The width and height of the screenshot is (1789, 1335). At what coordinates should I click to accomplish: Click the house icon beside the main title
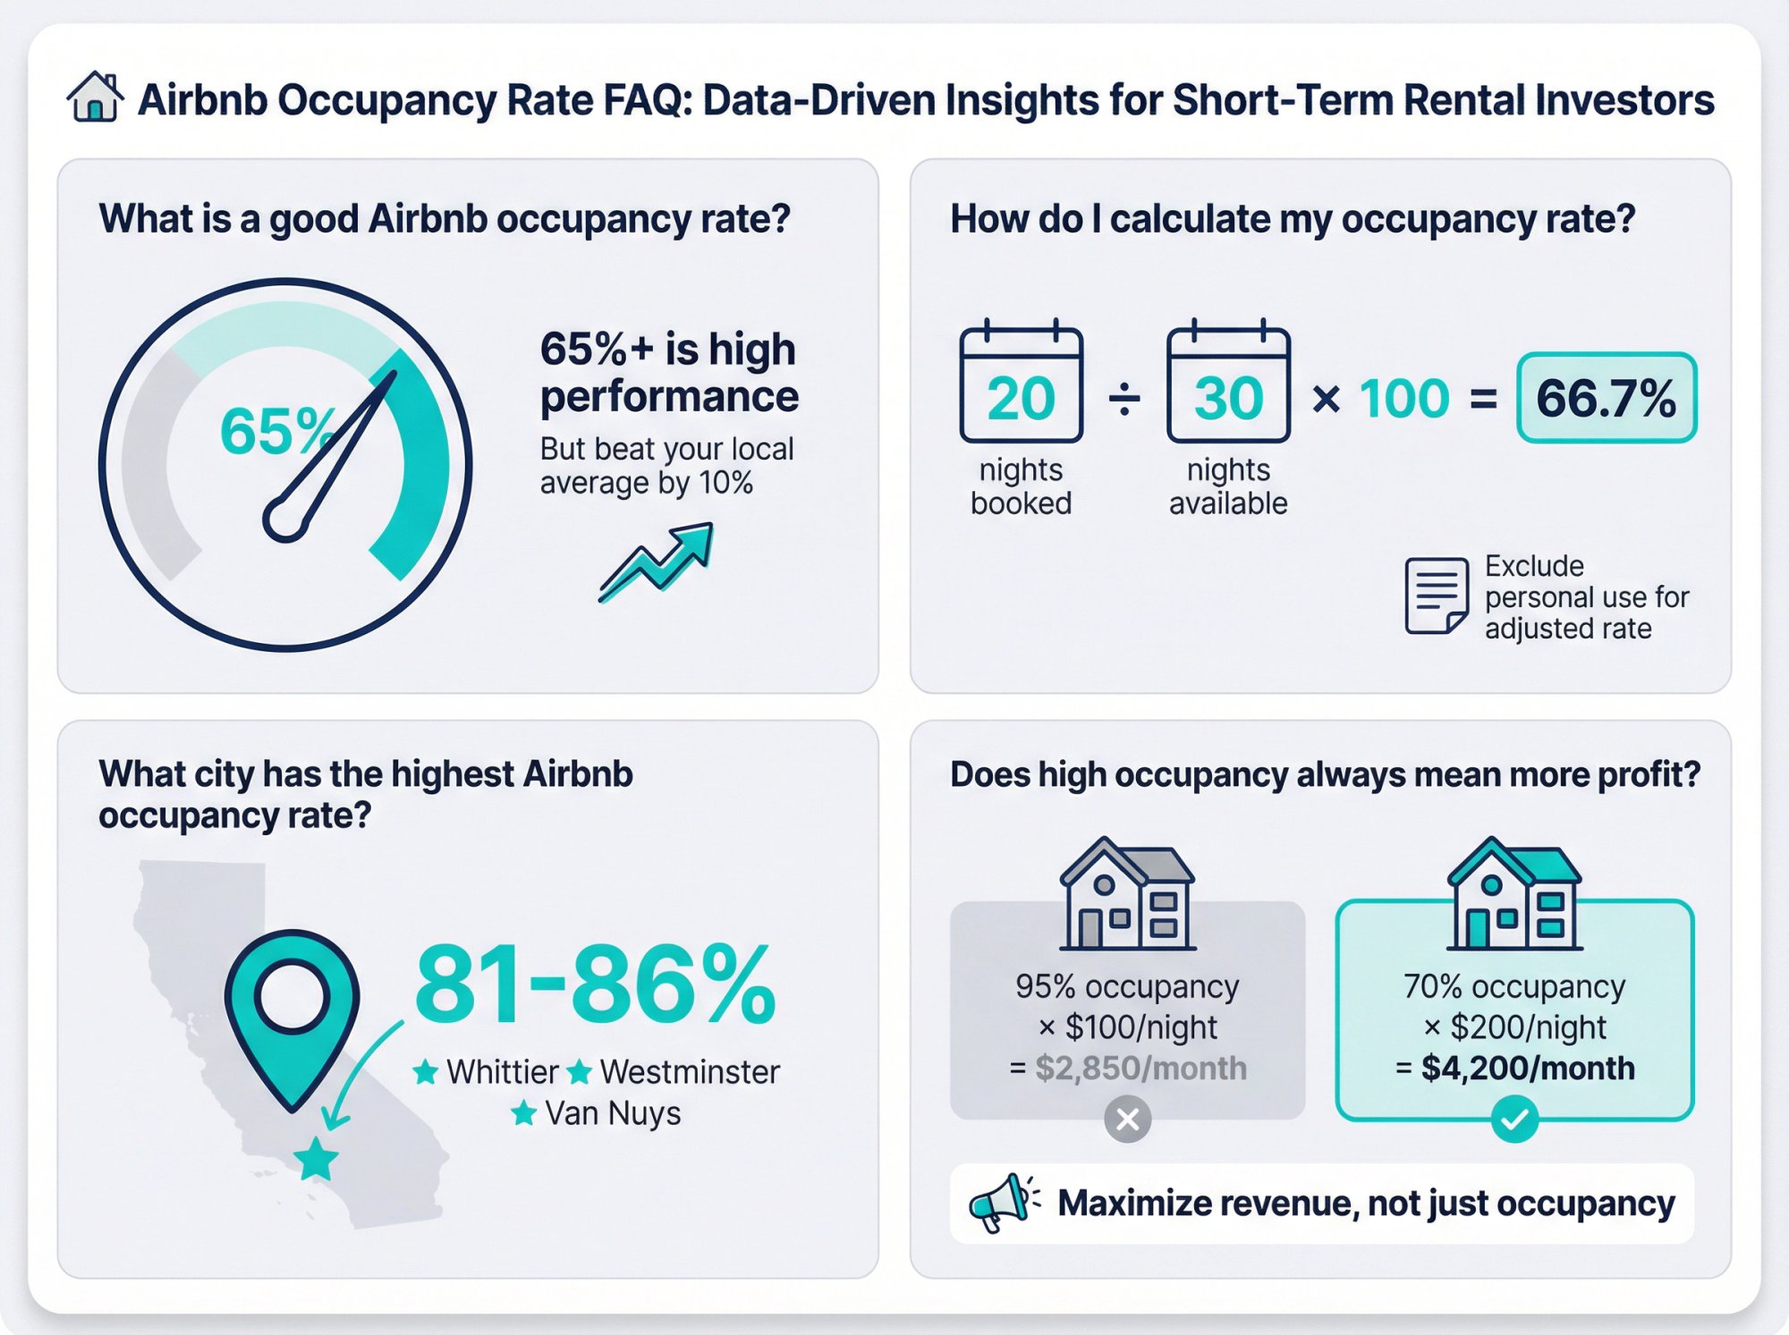[x=95, y=97]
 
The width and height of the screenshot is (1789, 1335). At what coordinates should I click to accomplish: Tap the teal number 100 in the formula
[x=1404, y=398]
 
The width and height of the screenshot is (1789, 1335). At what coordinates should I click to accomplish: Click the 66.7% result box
[x=1607, y=398]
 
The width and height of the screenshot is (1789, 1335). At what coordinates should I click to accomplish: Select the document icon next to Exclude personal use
[x=1436, y=596]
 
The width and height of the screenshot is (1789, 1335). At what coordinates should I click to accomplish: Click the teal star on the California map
[x=316, y=1159]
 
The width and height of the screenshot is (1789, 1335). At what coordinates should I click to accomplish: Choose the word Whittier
[x=502, y=1071]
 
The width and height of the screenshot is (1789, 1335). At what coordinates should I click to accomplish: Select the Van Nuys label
[x=613, y=1113]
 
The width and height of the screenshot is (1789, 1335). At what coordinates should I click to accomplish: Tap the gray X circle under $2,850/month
[x=1127, y=1119]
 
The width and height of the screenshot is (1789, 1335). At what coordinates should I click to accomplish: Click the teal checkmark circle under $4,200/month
[x=1514, y=1119]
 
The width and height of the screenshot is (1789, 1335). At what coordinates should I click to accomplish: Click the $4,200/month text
[x=1527, y=1068]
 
